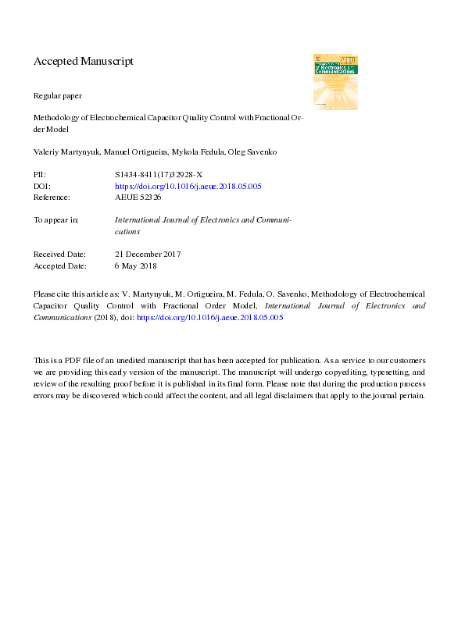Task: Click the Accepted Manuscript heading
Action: coord(84,61)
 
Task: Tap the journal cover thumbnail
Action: coord(335,81)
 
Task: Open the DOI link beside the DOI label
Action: coord(177,187)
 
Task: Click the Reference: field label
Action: coord(52,198)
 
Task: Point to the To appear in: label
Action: coord(55,220)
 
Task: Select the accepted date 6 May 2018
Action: coord(136,265)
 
